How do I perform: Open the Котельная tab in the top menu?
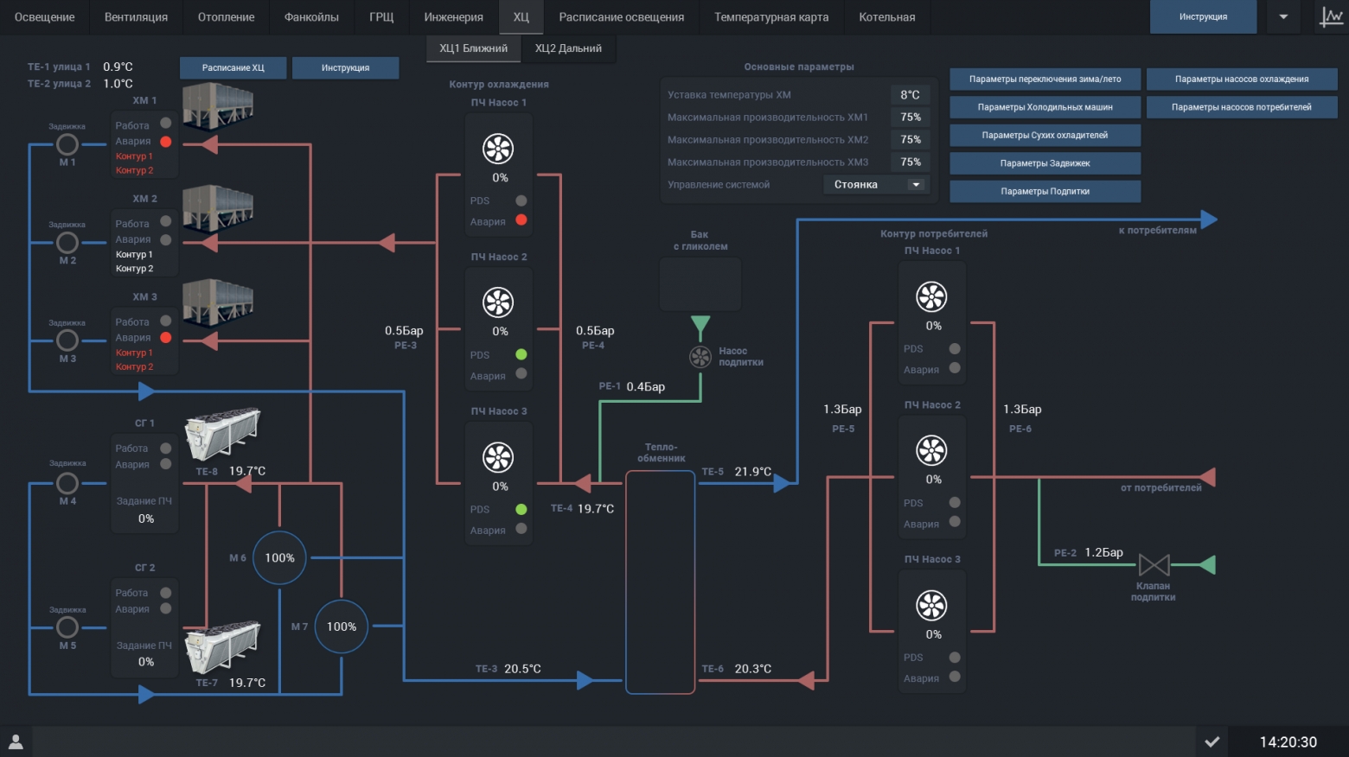(886, 16)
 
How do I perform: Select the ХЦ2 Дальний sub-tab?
(568, 48)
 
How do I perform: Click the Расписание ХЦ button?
(233, 67)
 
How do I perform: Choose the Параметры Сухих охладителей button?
(1045, 135)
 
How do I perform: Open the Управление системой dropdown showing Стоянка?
(876, 184)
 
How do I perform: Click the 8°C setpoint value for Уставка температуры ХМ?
(910, 94)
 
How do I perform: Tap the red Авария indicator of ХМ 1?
(166, 142)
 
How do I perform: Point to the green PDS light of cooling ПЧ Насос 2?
(521, 354)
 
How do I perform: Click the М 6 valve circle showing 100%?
(279, 558)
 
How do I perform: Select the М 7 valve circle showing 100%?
(341, 627)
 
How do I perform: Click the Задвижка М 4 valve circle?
(67, 482)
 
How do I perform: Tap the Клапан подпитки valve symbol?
(1154, 565)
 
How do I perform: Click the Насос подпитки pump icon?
(700, 357)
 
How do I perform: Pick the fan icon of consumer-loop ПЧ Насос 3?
(931, 606)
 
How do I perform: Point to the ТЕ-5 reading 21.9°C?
(753, 472)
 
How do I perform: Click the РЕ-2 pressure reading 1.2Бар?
(1103, 552)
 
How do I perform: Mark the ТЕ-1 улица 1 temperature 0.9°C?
(118, 67)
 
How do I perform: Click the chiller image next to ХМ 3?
(218, 302)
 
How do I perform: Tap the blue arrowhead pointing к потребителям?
(1209, 219)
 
